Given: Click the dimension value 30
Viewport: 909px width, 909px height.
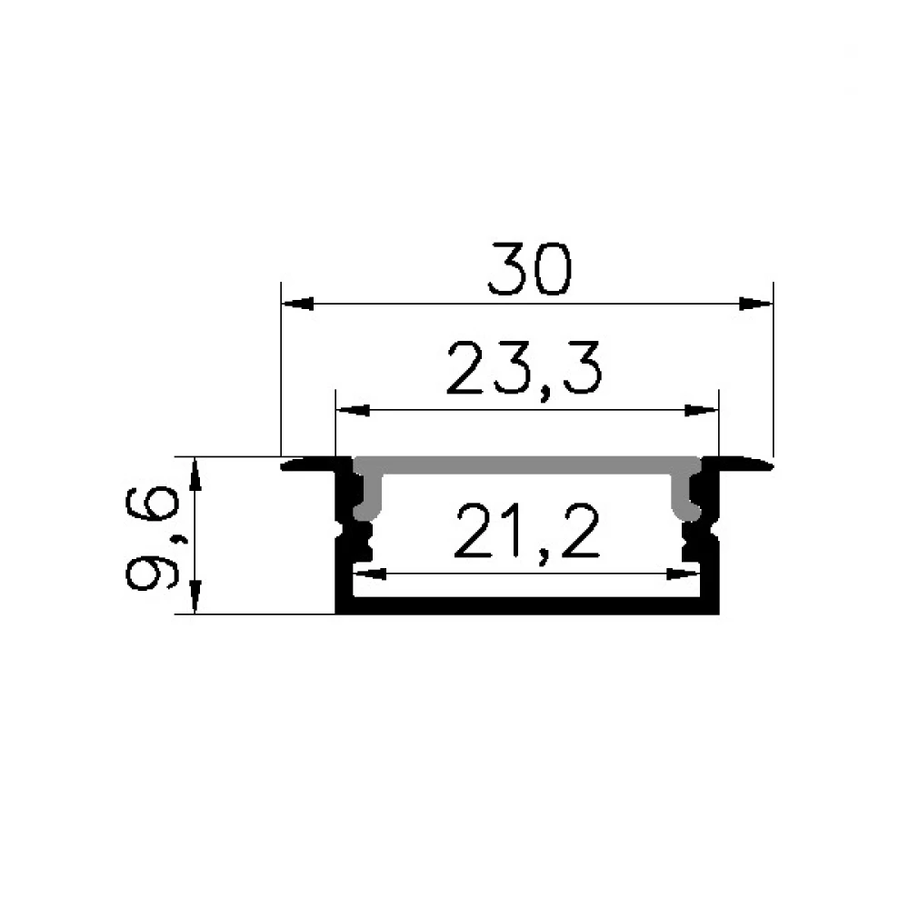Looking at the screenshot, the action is point(530,269).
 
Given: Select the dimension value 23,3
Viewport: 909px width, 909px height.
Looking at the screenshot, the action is point(524,369).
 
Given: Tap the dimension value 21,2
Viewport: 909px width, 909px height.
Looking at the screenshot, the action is point(526,532).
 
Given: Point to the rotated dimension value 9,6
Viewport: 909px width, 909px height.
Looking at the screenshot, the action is point(150,538).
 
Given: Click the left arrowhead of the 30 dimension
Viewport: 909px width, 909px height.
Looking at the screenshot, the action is point(297,304).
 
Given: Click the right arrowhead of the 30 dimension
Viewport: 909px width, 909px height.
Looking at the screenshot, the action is point(756,304).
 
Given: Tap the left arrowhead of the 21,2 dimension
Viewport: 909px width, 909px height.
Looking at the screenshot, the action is point(370,574).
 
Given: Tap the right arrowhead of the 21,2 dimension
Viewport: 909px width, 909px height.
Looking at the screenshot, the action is point(684,574).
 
